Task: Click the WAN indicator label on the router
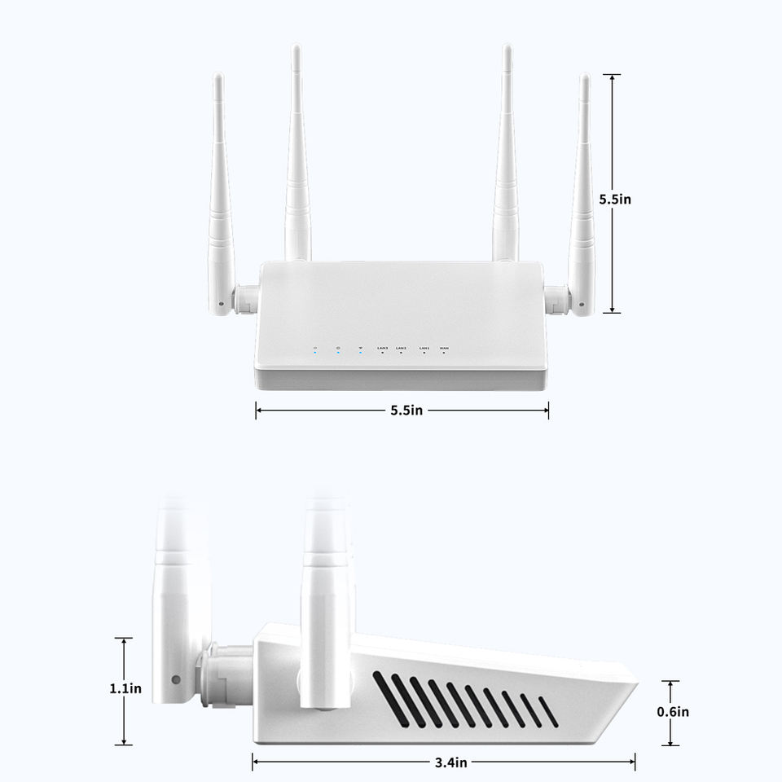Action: click(444, 348)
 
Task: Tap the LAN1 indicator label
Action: click(424, 348)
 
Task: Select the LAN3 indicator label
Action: click(383, 348)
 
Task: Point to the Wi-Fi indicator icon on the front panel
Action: click(360, 349)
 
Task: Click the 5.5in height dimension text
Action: click(615, 198)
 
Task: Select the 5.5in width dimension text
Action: click(406, 411)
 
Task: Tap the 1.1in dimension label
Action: click(125, 689)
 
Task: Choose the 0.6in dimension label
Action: click(673, 712)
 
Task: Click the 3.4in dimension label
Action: click(450, 762)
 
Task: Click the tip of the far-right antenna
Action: click(584, 77)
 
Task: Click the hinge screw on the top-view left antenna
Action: click(221, 306)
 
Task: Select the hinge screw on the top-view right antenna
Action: click(582, 306)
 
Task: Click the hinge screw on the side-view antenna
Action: click(175, 679)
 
